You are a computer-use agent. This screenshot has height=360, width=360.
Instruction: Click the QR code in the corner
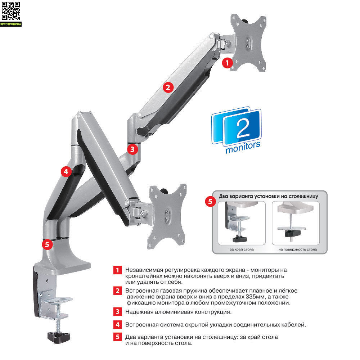[11, 11]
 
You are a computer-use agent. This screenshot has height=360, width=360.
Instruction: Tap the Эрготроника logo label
[11, 24]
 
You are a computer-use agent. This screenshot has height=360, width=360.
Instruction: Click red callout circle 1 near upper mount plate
[227, 63]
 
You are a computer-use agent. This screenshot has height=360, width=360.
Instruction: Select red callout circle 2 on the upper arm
[168, 87]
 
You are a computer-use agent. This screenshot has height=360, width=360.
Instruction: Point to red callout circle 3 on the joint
[132, 149]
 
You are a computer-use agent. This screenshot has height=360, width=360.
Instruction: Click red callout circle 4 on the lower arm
[66, 171]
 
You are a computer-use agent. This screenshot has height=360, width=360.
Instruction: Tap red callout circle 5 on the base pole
[47, 244]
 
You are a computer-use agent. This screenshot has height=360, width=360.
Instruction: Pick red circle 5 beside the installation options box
[210, 202]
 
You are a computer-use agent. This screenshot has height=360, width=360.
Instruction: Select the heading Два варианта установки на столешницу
[269, 196]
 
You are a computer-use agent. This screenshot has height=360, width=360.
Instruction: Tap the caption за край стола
[242, 249]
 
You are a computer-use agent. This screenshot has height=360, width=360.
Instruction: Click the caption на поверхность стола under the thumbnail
[298, 249]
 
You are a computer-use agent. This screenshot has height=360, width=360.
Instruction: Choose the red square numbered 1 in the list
[118, 270]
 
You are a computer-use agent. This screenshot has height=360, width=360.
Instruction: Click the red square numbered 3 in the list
[118, 311]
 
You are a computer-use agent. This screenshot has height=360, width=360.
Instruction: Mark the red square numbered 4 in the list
[118, 325]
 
